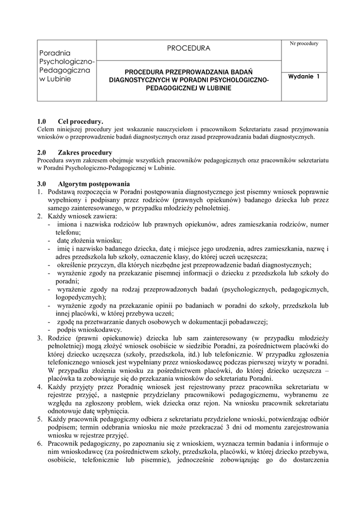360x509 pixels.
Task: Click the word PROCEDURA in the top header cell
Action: [x=188, y=49]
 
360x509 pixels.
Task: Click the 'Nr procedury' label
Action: [x=304, y=44]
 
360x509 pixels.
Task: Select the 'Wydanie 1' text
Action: [x=304, y=77]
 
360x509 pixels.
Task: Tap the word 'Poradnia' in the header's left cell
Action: [x=55, y=53]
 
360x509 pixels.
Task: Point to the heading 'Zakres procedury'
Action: [x=85, y=152]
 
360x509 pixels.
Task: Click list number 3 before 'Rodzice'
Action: [x=40, y=339]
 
